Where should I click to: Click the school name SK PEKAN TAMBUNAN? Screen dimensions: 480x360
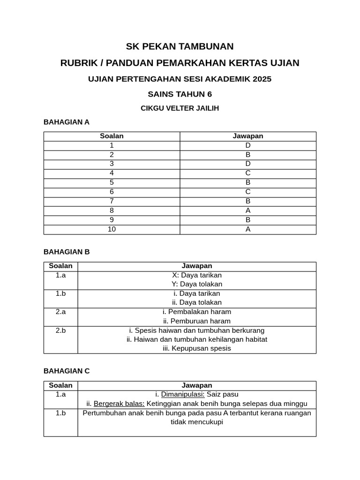[x=180, y=46]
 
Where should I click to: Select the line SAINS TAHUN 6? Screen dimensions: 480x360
[x=180, y=94]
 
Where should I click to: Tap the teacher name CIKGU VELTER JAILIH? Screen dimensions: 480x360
[x=180, y=108]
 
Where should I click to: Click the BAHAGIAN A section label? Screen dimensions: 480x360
[x=66, y=122]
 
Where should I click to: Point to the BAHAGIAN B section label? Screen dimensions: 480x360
[x=66, y=252]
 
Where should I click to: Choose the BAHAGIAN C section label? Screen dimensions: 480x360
[x=66, y=371]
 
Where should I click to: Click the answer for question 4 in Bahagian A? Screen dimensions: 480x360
[x=248, y=173]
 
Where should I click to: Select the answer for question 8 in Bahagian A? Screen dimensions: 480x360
[x=248, y=210]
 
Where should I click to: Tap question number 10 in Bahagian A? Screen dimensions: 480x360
[x=112, y=229]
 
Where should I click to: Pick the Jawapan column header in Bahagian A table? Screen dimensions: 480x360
[x=248, y=136]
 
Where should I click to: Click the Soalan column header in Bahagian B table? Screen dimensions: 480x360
[x=60, y=266]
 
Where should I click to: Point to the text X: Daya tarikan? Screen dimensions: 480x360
[x=197, y=275]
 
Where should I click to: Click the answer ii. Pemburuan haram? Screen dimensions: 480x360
[x=197, y=321]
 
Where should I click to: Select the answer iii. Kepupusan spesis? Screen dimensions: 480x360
[x=197, y=348]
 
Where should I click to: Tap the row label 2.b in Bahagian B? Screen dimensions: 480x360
[x=60, y=330]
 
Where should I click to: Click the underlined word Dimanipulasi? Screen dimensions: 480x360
[x=183, y=394]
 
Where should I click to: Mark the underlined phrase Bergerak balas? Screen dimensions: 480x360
[x=119, y=404]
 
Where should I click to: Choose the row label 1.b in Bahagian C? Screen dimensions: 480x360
[x=60, y=413]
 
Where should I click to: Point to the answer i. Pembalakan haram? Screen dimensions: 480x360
[x=197, y=312]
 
